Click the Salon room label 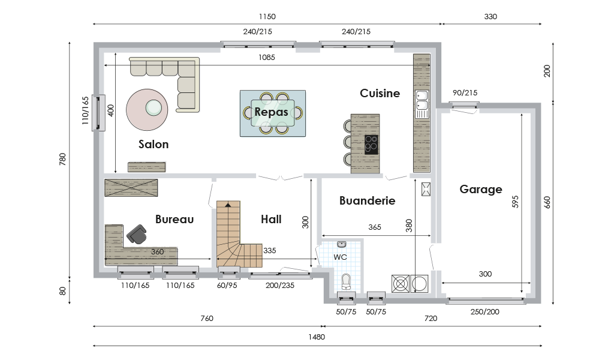coord(153,144)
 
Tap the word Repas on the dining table coord(271,112)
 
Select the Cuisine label coord(380,93)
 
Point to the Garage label coord(481,190)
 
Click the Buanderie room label coord(368,200)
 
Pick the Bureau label coord(174,219)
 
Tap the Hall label coord(271,219)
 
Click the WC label coord(341,257)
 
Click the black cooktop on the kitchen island coord(371,145)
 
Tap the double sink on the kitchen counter coord(422,100)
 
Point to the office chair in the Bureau coord(136,234)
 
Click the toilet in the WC coord(346,281)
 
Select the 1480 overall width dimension coord(317,337)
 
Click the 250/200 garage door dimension coord(484,312)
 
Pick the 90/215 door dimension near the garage coord(465,93)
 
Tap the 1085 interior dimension coord(267,58)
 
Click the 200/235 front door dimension coord(280,286)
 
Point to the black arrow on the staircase coord(227,204)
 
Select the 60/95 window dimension coord(227,286)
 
